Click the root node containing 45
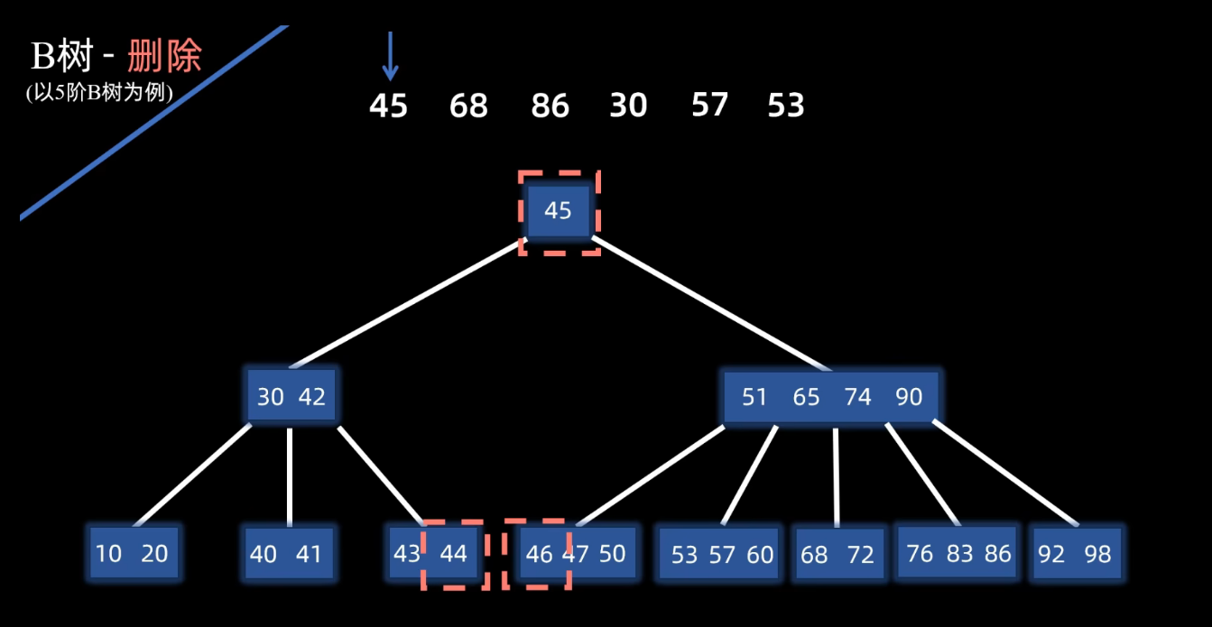[558, 211]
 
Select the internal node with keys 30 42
[291, 396]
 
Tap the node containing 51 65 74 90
[830, 397]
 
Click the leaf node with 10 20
[133, 553]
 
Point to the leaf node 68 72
[837, 554]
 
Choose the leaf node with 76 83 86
[958, 552]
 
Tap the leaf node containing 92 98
[1075, 553]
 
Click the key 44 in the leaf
[453, 553]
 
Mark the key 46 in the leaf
[539, 553]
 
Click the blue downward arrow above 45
[390, 56]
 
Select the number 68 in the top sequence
[468, 106]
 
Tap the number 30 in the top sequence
[628, 106]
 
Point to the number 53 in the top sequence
[785, 106]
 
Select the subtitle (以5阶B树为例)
[99, 92]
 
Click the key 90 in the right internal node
[909, 397]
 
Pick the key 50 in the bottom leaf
[612, 553]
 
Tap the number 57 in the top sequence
[709, 106]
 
